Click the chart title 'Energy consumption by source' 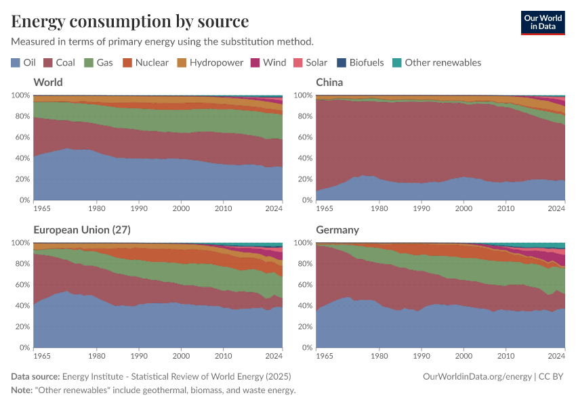coord(130,21)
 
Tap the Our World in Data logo coord(542,22)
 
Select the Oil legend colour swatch coord(16,63)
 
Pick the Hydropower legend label coord(216,63)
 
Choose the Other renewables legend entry coord(443,63)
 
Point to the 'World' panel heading coord(48,83)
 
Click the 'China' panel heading coord(329,83)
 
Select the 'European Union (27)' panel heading coord(82,230)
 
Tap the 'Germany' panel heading coord(337,230)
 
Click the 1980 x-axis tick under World coord(96,209)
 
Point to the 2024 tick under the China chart coord(556,209)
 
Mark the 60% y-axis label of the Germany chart coord(302,285)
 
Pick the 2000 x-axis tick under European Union coord(180,357)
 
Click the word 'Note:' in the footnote coord(23,390)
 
